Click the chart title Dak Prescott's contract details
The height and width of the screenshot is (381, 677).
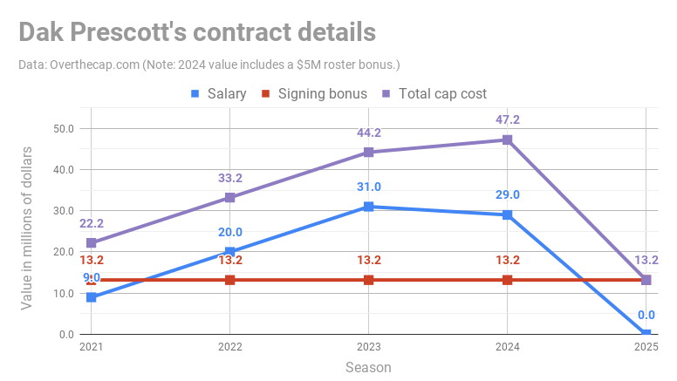197,32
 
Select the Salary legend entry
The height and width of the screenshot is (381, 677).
218,93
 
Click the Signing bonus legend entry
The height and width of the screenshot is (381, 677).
314,93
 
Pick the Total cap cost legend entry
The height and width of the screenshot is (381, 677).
434,93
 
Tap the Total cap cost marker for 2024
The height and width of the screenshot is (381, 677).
507,139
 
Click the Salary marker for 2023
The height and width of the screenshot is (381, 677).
368,207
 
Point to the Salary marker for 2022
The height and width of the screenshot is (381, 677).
229,252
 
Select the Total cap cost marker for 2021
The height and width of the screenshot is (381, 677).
91,243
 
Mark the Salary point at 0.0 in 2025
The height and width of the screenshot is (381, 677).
646,334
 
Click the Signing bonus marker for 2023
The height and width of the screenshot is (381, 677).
368,280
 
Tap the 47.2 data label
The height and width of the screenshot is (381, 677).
507,119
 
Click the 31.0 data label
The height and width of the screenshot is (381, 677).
368,187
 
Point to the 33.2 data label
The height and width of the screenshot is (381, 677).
229,178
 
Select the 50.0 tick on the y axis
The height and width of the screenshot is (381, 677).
63,128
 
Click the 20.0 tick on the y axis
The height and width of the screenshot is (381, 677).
63,252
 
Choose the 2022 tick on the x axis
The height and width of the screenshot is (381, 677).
229,348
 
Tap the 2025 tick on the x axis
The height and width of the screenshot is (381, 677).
646,348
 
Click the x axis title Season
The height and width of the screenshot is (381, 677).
368,367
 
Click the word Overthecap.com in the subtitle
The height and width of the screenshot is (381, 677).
90,65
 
